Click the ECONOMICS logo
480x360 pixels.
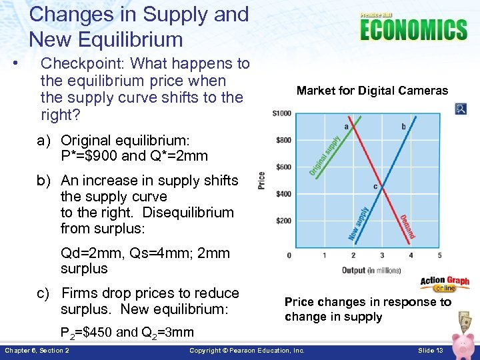click(413, 29)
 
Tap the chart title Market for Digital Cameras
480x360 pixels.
click(372, 91)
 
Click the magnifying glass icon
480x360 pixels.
click(461, 109)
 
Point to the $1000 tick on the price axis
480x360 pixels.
click(282, 113)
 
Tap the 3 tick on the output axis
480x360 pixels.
click(382, 255)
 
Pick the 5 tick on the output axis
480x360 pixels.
click(439, 255)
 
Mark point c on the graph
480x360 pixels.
click(376, 187)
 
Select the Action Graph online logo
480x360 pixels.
click(445, 285)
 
